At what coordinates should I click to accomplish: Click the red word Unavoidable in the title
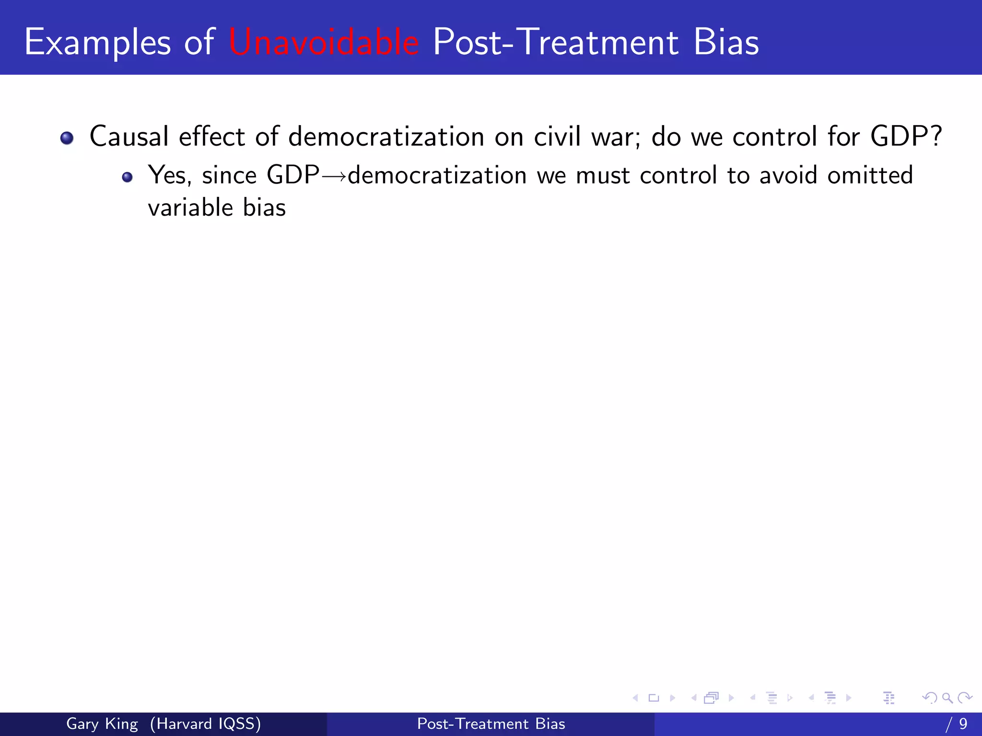(x=324, y=42)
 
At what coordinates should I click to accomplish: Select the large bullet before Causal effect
(x=67, y=138)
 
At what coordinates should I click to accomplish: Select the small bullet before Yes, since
(x=127, y=177)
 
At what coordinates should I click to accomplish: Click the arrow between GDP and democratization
(x=334, y=176)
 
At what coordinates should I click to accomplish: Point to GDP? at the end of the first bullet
(x=906, y=137)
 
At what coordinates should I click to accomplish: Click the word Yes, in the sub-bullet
(x=169, y=175)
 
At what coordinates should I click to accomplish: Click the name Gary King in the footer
(x=102, y=724)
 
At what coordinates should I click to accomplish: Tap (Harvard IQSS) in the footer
(x=205, y=724)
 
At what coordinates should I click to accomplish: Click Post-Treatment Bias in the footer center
(x=491, y=724)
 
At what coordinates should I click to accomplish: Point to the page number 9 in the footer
(x=963, y=724)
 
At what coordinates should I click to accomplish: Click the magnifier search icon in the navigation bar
(x=947, y=698)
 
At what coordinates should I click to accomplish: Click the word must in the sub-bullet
(x=602, y=175)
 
